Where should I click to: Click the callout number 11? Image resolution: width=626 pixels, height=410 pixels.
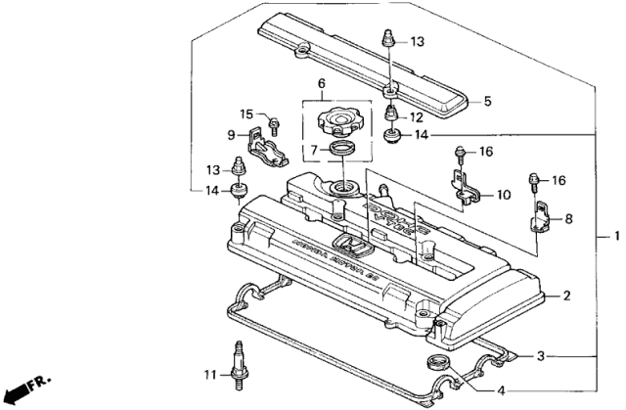click(x=208, y=374)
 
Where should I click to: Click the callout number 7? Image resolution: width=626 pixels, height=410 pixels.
click(x=315, y=150)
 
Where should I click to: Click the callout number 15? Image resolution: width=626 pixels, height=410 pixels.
click(x=247, y=114)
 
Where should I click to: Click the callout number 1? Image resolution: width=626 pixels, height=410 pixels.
click(x=613, y=236)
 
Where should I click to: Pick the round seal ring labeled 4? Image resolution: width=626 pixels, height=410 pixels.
click(x=437, y=365)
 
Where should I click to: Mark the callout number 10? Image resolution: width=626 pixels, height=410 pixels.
click(x=502, y=196)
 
